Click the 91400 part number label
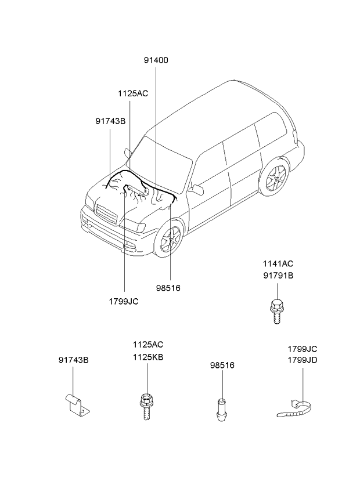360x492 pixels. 157,60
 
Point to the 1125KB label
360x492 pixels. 148,357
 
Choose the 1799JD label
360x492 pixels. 303,360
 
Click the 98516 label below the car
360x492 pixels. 168,287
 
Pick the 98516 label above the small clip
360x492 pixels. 222,366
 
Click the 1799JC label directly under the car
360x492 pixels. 123,301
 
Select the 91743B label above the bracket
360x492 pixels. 73,360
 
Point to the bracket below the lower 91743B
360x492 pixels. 75,404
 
